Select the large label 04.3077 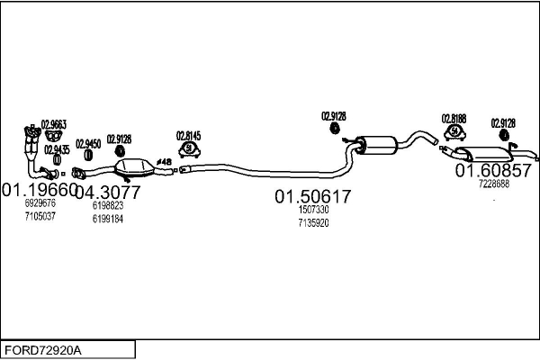click(x=107, y=192)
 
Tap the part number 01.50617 click(x=312, y=196)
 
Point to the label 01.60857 click(x=492, y=170)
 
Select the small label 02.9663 click(x=53, y=124)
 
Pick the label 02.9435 click(x=58, y=148)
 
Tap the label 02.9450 click(x=87, y=143)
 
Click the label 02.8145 click(x=188, y=136)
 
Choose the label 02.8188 click(x=454, y=118)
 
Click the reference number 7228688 click(x=493, y=184)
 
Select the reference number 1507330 click(x=313, y=210)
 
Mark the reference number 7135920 click(x=313, y=222)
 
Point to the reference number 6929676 click(x=40, y=204)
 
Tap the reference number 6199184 click(x=107, y=218)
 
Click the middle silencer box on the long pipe click(x=378, y=143)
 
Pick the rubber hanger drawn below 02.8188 click(x=454, y=132)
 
